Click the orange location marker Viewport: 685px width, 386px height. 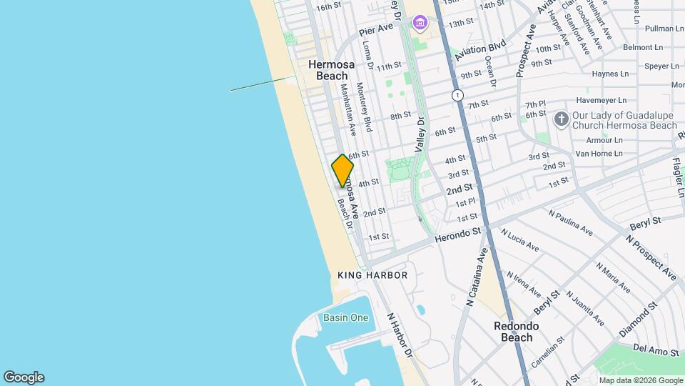(342, 171)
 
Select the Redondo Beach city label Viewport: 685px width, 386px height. (517, 332)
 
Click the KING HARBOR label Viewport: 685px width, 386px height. (372, 275)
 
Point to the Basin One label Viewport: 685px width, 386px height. (346, 317)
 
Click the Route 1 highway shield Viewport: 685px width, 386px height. (457, 95)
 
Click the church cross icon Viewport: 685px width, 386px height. (561, 119)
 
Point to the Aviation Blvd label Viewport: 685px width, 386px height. (484, 49)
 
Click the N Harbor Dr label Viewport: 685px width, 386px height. (400, 335)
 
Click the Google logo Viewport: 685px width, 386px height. (24, 377)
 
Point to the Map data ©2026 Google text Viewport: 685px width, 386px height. (640, 380)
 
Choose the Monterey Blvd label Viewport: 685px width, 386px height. (365, 107)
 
